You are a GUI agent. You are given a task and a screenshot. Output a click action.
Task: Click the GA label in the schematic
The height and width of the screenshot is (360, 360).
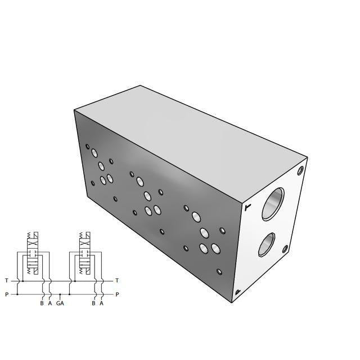[60, 304]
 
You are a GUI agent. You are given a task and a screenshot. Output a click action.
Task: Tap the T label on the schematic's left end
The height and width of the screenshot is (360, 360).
[6, 280]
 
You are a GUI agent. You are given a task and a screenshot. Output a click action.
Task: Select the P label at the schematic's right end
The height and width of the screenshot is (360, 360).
[116, 294]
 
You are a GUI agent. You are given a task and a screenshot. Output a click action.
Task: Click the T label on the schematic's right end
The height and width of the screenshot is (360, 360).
[116, 280]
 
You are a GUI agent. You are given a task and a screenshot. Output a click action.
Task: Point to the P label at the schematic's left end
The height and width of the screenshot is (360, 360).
[6, 294]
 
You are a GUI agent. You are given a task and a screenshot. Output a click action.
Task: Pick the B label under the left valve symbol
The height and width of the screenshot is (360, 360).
[42, 304]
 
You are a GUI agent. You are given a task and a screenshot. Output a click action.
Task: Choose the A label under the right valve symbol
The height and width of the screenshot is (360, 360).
[101, 304]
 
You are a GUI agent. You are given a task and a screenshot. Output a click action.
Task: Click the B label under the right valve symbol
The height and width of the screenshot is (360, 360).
[93, 304]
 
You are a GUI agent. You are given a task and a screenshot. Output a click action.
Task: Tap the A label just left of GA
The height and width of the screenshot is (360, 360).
[49, 304]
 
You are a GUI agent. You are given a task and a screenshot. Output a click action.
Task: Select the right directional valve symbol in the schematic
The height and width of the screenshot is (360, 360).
[87, 256]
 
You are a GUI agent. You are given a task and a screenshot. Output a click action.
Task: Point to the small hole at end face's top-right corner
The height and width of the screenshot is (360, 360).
[301, 169]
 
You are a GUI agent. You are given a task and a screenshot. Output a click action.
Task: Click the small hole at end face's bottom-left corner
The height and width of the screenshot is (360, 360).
[238, 291]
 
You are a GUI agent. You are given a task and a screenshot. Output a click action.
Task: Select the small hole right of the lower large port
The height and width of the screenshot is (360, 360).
[286, 249]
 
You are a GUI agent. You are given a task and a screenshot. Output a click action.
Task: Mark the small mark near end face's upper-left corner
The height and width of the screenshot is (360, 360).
[247, 208]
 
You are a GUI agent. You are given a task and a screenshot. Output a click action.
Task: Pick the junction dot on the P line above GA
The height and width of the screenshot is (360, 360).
[60, 294]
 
